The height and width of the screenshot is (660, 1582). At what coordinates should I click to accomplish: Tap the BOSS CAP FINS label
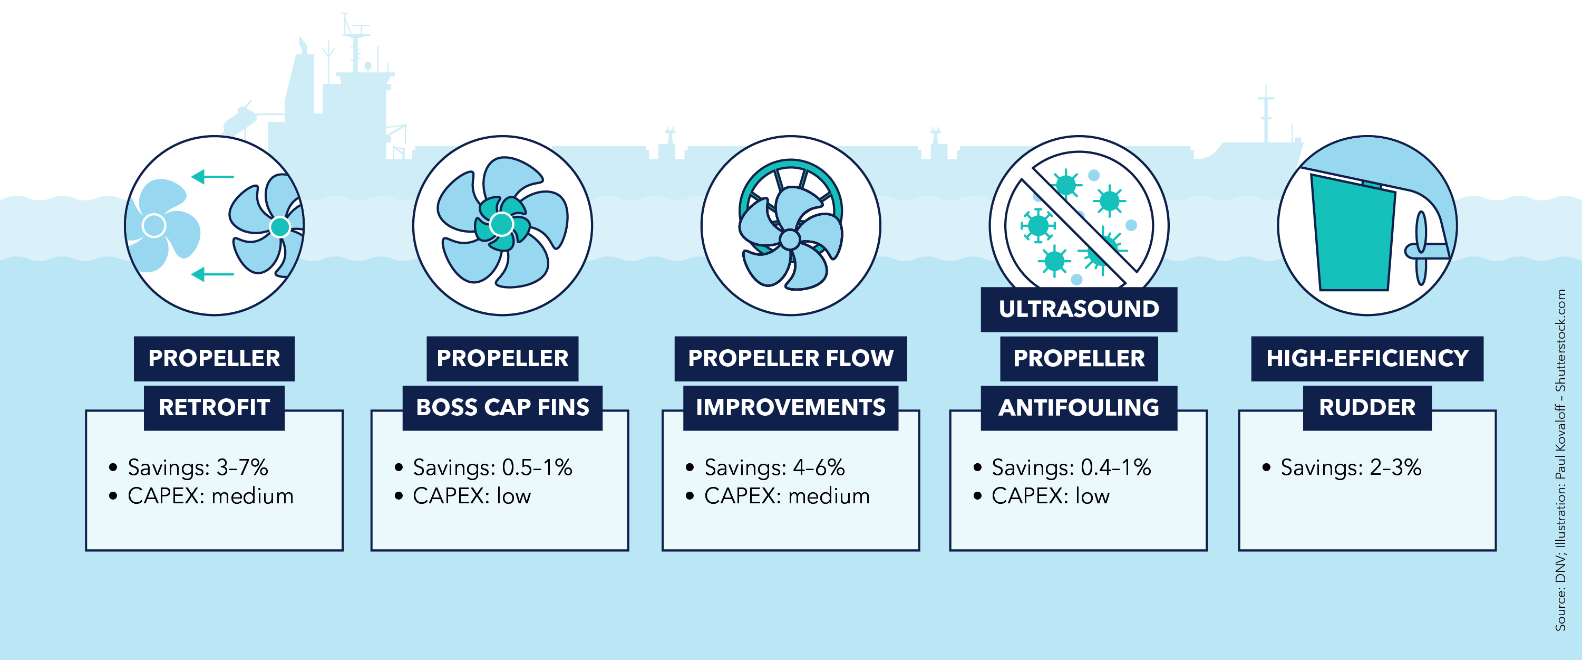502,408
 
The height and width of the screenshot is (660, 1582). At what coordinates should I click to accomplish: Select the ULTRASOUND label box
1079,309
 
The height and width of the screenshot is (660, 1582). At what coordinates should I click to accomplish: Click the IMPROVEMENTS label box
790,408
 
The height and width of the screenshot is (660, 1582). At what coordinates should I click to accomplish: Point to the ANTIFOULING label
1079,408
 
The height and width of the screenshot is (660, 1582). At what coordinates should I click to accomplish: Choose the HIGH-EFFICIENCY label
1367,358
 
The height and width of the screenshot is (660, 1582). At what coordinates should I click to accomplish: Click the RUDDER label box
1367,408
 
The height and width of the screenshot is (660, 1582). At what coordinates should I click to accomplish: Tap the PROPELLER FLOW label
790,358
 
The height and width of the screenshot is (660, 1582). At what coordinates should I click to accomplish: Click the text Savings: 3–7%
197,467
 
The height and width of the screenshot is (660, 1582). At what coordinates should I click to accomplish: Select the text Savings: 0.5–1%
492,467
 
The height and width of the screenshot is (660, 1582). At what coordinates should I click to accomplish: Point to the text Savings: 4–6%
774,467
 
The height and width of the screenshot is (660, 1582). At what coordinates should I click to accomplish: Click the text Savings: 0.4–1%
1071,467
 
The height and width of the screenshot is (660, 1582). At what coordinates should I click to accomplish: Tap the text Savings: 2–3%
1350,467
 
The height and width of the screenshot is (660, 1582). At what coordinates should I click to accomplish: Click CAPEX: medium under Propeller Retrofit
210,496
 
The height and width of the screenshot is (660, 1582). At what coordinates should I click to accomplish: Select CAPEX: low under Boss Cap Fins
471,496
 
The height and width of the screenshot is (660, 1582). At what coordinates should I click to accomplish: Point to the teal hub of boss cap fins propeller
502,224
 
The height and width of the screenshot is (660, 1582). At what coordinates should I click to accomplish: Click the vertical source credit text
1560,461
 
